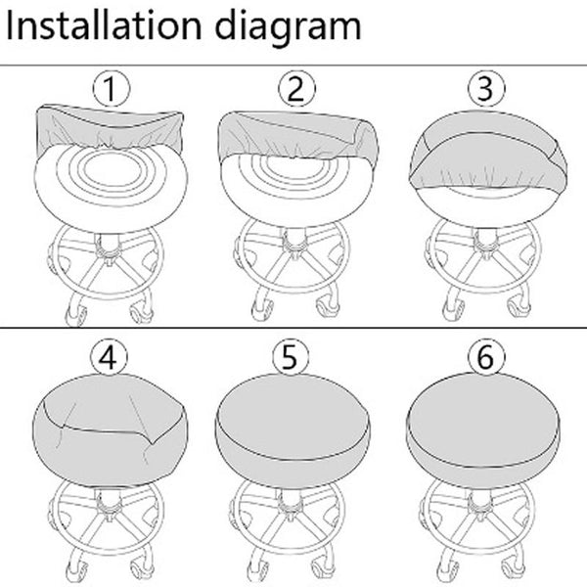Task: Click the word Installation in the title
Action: tap(104, 25)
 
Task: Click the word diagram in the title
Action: tap(288, 27)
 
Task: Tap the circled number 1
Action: tap(112, 89)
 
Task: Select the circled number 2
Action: tap(296, 89)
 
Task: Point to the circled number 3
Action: tap(486, 89)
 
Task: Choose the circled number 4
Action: tap(109, 357)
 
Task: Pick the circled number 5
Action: tap(291, 357)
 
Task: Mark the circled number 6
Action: tap(486, 357)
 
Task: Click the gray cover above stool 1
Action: tap(109, 125)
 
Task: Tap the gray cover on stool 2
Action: tap(297, 135)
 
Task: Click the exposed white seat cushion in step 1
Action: tap(111, 187)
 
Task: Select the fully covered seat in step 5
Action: tap(293, 430)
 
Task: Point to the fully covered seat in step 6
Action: tap(483, 430)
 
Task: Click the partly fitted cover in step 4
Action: tap(110, 430)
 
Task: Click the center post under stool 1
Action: tap(109, 246)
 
